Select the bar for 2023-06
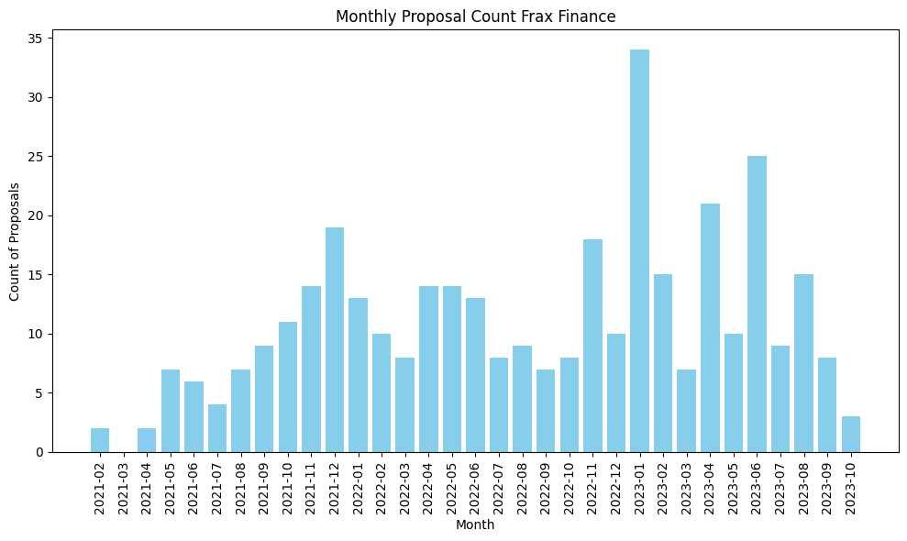757,304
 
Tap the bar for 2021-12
335,339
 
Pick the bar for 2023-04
710,327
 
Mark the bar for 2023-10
850,435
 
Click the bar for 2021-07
217,428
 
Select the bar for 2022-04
428,369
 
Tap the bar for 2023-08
803,363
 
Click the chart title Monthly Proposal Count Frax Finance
475,17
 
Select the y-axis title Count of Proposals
15,241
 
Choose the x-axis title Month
475,525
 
